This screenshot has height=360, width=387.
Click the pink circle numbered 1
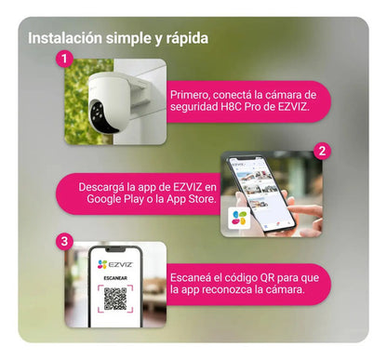tap(64, 59)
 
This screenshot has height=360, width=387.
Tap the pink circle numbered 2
tap(322, 151)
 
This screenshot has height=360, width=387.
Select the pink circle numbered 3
tap(64, 241)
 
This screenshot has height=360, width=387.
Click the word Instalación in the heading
tap(65, 38)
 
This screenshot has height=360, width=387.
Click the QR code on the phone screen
tap(115, 299)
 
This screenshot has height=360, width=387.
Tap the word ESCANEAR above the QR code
tap(115, 278)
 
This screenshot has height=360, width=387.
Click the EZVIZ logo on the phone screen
tap(115, 264)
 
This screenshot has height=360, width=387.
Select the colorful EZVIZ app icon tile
tap(239, 218)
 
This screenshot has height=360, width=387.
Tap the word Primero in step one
tap(190, 95)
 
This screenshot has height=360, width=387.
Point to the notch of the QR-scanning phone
tap(115, 249)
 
